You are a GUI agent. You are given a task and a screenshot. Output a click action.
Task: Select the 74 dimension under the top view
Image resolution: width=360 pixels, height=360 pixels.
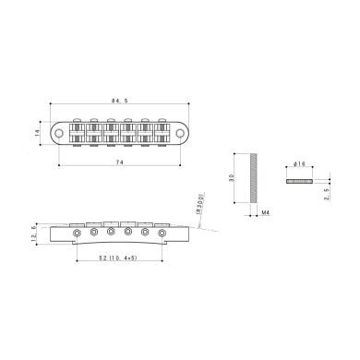pos(120,162)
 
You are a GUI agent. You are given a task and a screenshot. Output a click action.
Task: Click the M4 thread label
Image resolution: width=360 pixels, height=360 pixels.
pos(265,212)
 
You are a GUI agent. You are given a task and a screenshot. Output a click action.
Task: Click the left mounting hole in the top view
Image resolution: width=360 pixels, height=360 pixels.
pos(62,133)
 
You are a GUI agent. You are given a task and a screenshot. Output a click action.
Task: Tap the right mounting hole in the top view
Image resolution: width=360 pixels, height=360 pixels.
pos(178,133)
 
